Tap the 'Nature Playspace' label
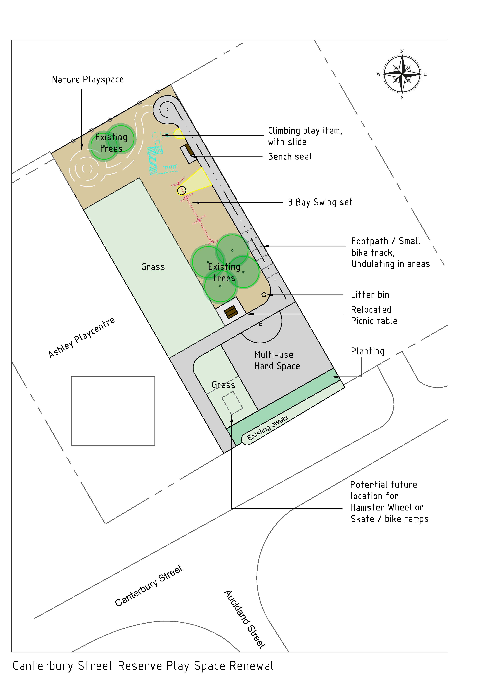88,80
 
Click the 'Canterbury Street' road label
149,586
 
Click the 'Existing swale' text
268,428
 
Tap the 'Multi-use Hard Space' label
277,360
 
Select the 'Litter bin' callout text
370,295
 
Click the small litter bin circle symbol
264,295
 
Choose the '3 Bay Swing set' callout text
320,202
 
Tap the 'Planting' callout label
368,351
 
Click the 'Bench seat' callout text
290,156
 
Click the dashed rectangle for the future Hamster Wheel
232,402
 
